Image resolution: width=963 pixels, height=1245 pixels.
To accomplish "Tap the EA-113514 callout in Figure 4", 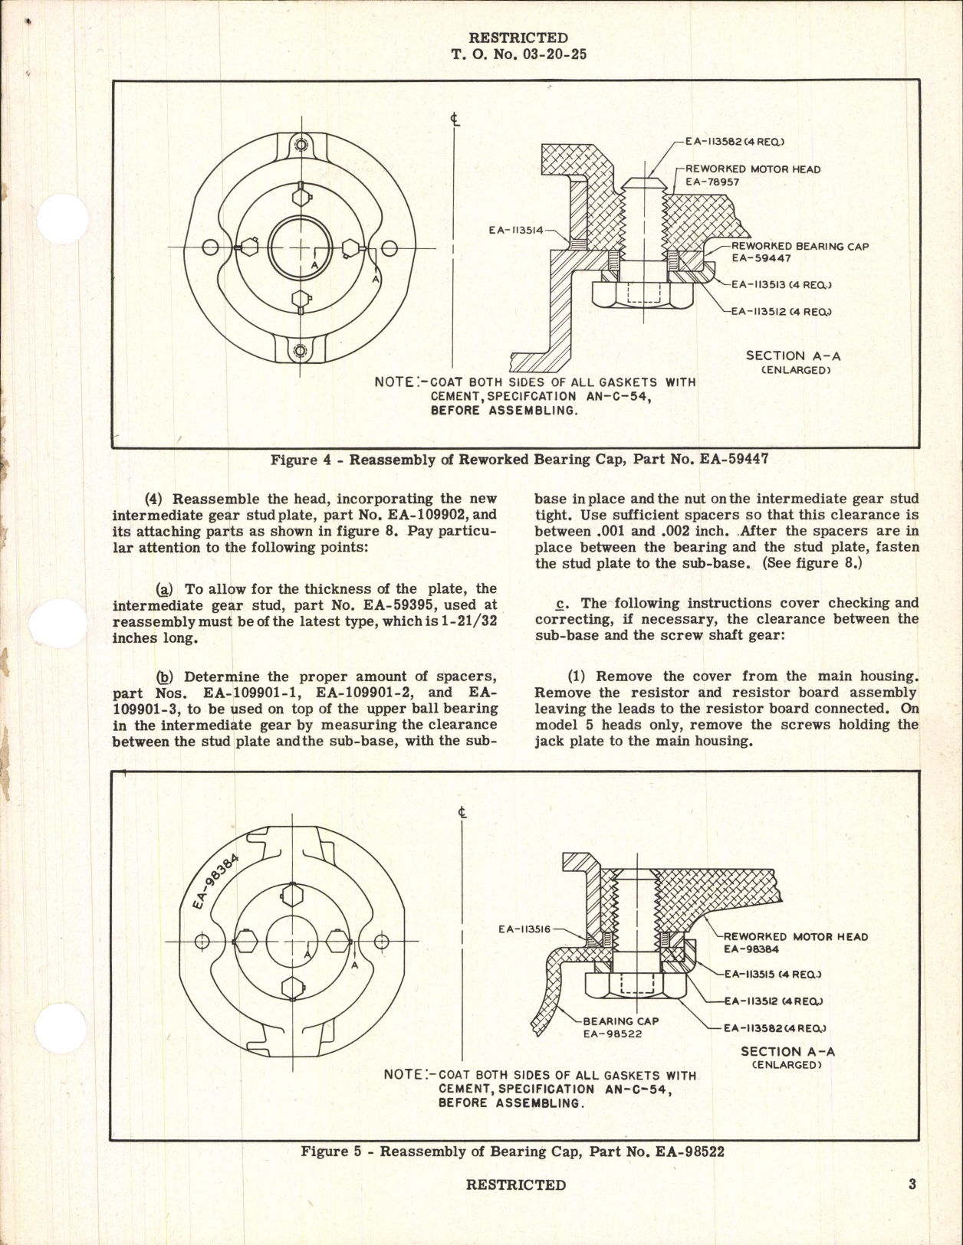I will pos(516,229).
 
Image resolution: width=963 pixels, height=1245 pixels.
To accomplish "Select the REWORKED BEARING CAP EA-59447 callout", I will pos(800,252).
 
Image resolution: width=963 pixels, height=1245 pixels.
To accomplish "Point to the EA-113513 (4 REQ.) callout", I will pos(781,284).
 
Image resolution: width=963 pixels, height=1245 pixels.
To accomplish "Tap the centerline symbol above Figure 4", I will pos(455,120).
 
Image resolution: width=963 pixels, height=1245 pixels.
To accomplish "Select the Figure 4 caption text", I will pos(519,460).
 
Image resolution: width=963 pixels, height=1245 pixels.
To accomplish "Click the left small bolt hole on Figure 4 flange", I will pos(209,247).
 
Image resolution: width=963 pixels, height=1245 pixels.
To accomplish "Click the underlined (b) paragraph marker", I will pos(164,677).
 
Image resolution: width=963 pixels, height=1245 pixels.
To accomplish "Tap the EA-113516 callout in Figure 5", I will pos(524,929).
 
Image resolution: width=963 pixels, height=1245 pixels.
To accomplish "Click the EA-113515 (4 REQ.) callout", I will pos(772,975).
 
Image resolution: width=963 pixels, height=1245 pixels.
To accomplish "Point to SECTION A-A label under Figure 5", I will pos(787,1052).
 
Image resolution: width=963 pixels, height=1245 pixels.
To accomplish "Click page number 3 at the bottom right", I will pos(912,1184).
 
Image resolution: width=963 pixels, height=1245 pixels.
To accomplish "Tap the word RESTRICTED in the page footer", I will pos(515,1184).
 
